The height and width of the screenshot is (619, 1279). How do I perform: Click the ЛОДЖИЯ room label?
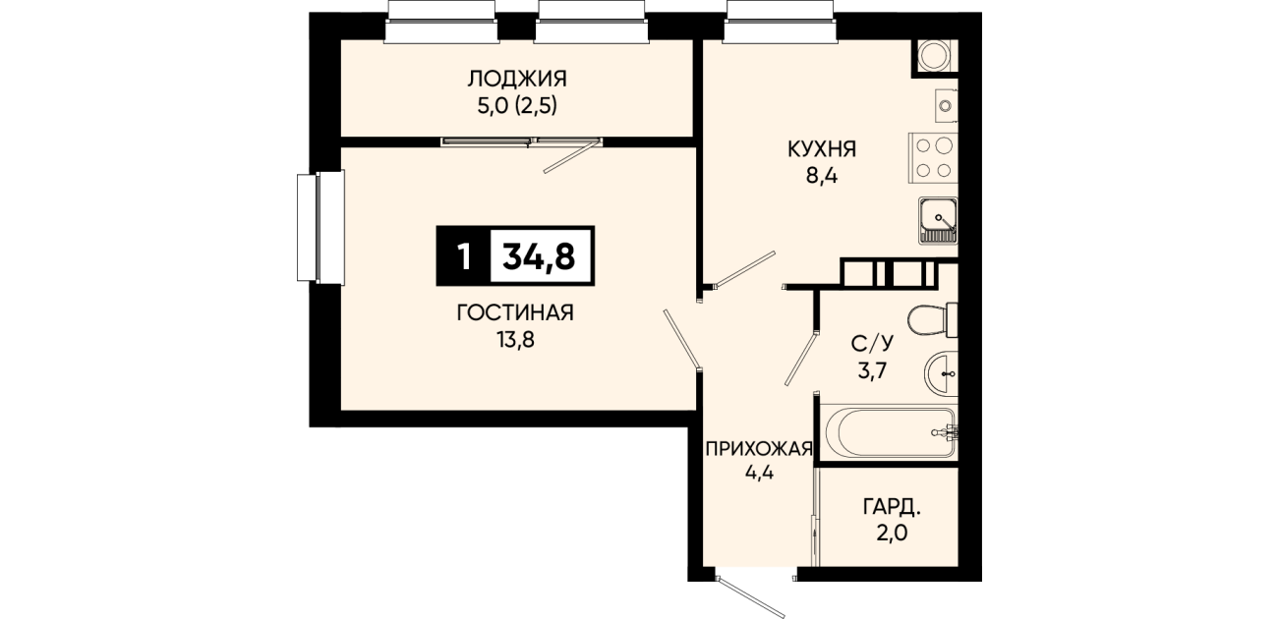517,79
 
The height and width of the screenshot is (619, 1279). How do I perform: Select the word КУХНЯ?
822,149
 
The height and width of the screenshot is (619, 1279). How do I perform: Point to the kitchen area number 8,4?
822,176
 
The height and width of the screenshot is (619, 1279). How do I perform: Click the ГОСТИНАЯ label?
515,312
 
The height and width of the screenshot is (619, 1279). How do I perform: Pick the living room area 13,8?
515,340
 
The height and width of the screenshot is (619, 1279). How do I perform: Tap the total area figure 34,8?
539,256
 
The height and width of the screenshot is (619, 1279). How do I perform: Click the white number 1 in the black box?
464,256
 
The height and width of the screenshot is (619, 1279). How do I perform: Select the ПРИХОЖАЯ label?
759,449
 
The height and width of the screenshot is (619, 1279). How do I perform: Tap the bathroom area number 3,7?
872,370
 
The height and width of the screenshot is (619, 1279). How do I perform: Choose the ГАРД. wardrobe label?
892,507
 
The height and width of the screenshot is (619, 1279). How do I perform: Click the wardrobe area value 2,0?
892,533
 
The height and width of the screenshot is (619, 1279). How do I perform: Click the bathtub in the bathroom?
889,432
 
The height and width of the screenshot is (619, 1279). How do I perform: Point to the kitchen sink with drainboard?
938,221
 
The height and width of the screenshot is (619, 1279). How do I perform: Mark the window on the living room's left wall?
320,227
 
